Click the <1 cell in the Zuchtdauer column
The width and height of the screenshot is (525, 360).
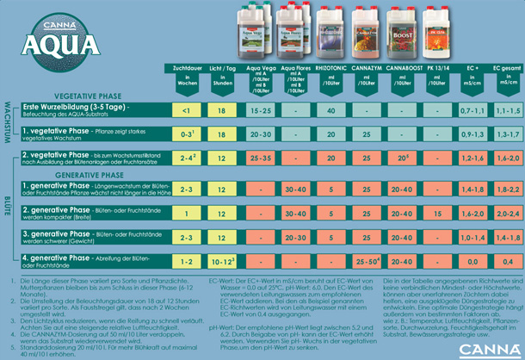pyautogui.click(x=187, y=111)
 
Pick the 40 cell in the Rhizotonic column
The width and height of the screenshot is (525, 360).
pyautogui.click(x=331, y=111)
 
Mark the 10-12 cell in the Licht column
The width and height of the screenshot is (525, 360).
pyautogui.click(x=222, y=260)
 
